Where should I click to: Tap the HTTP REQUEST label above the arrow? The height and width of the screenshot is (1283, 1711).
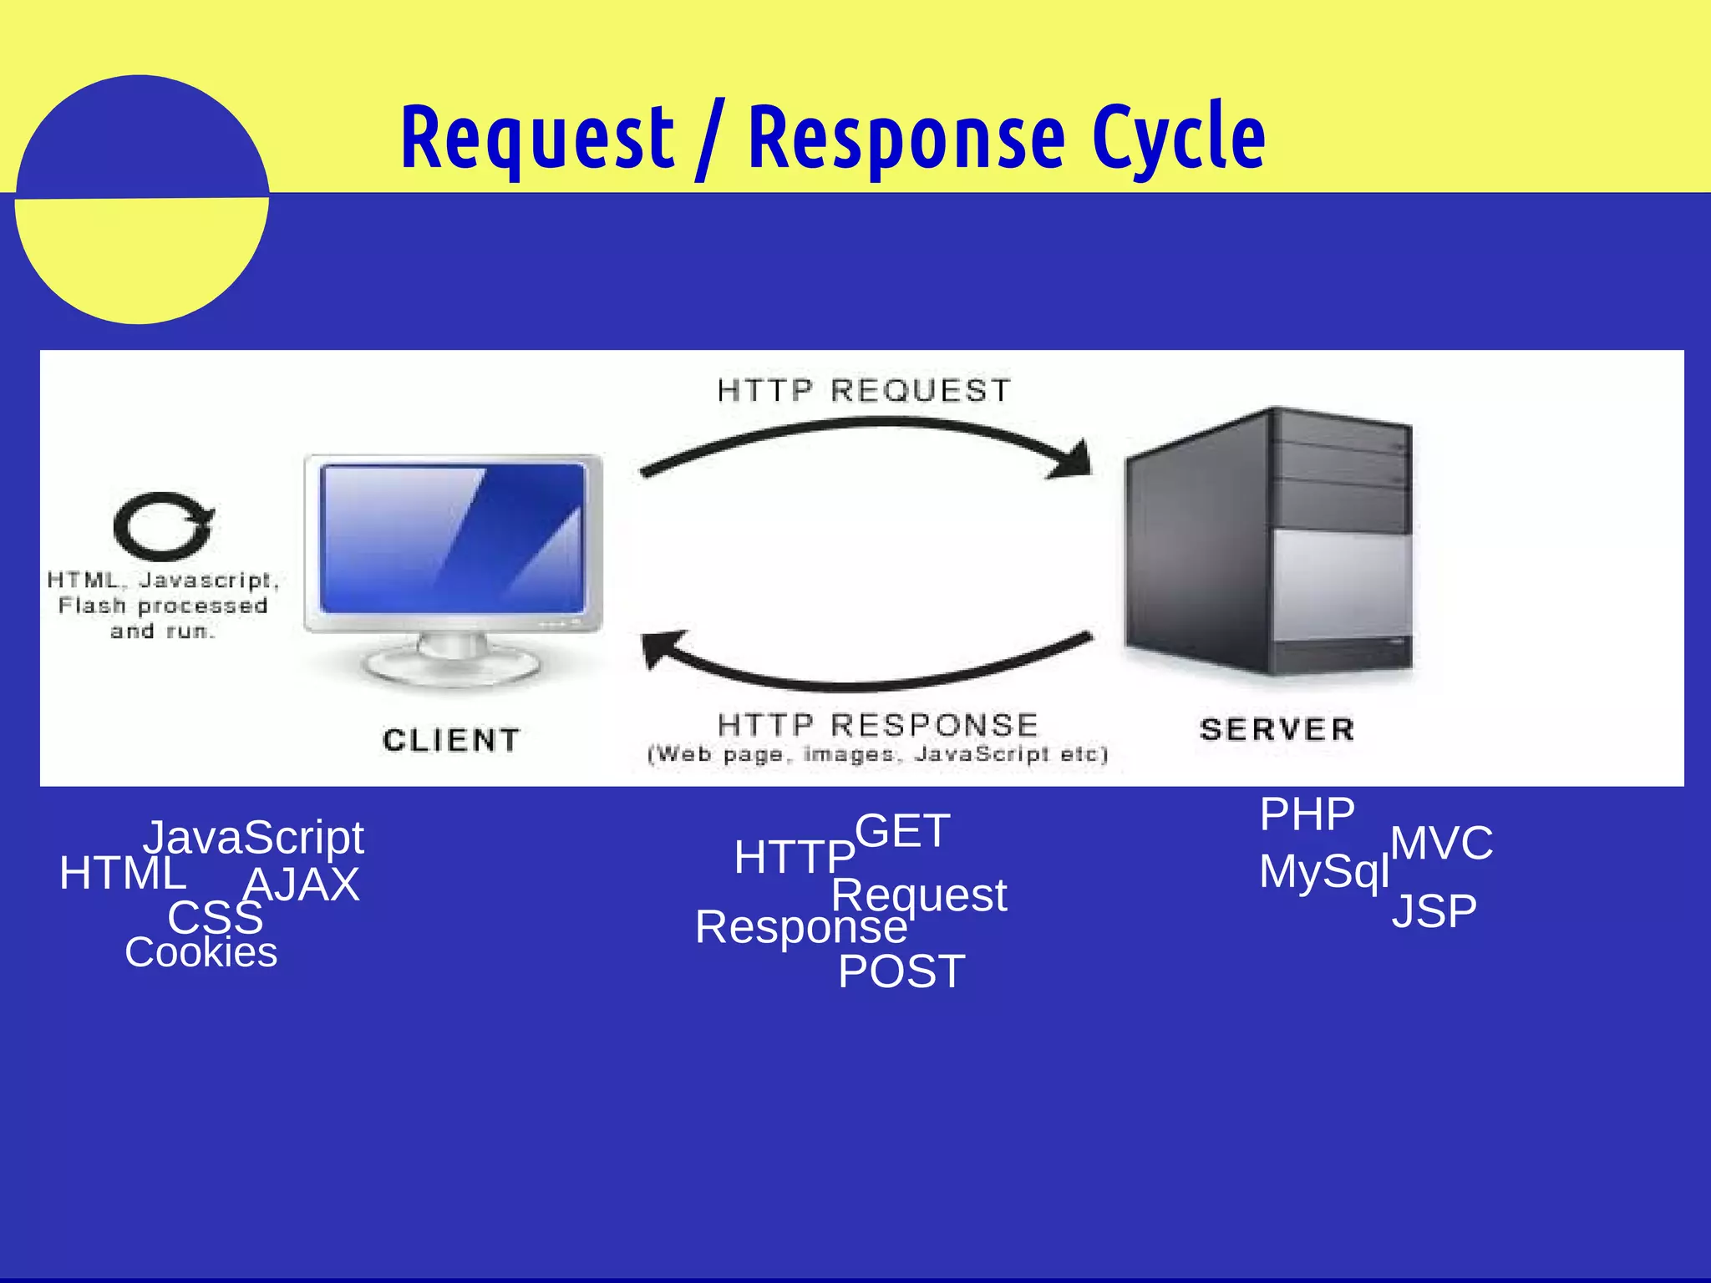point(864,390)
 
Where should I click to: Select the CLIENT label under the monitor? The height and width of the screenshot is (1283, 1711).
point(451,740)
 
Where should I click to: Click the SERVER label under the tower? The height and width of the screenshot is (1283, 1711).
point(1277,729)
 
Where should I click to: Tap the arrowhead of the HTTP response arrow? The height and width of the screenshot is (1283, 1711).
point(660,648)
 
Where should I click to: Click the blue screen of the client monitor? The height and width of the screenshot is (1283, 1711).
point(451,539)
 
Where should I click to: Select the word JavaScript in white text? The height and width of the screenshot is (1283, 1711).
point(254,837)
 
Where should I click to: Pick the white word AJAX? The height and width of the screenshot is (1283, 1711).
point(302,885)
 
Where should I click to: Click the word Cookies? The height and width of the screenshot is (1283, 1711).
point(201,952)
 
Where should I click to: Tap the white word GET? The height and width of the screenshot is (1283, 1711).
point(902,831)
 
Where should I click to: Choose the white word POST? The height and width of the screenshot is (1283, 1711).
point(901,971)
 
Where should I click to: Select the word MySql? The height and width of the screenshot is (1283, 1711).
point(1323,871)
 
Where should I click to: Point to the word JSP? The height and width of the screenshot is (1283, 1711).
point(1434,910)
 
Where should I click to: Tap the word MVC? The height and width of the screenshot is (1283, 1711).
point(1441,843)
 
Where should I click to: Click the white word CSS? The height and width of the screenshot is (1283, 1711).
point(215,918)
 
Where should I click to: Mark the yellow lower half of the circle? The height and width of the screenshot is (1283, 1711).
point(142,259)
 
